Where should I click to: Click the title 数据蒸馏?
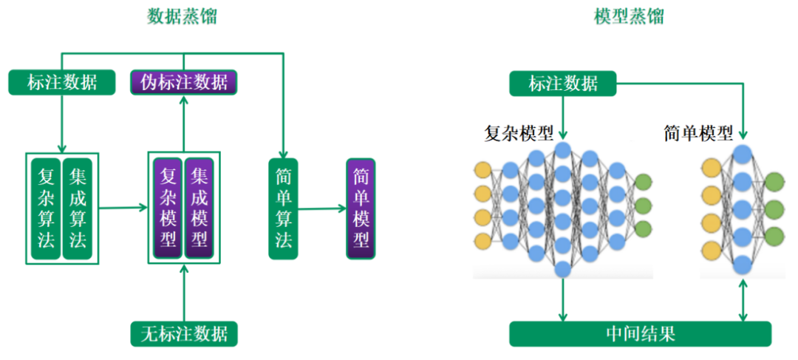[x=182, y=17]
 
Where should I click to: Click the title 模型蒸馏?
[x=629, y=17]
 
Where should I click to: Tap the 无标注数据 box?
[x=184, y=333]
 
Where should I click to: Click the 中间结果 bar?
[x=640, y=333]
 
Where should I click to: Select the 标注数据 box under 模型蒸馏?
[x=563, y=84]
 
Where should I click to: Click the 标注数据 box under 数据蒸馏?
[x=62, y=82]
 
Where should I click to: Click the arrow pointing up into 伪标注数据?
[x=184, y=122]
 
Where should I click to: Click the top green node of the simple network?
[x=774, y=181]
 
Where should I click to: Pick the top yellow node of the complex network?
[x=482, y=171]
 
